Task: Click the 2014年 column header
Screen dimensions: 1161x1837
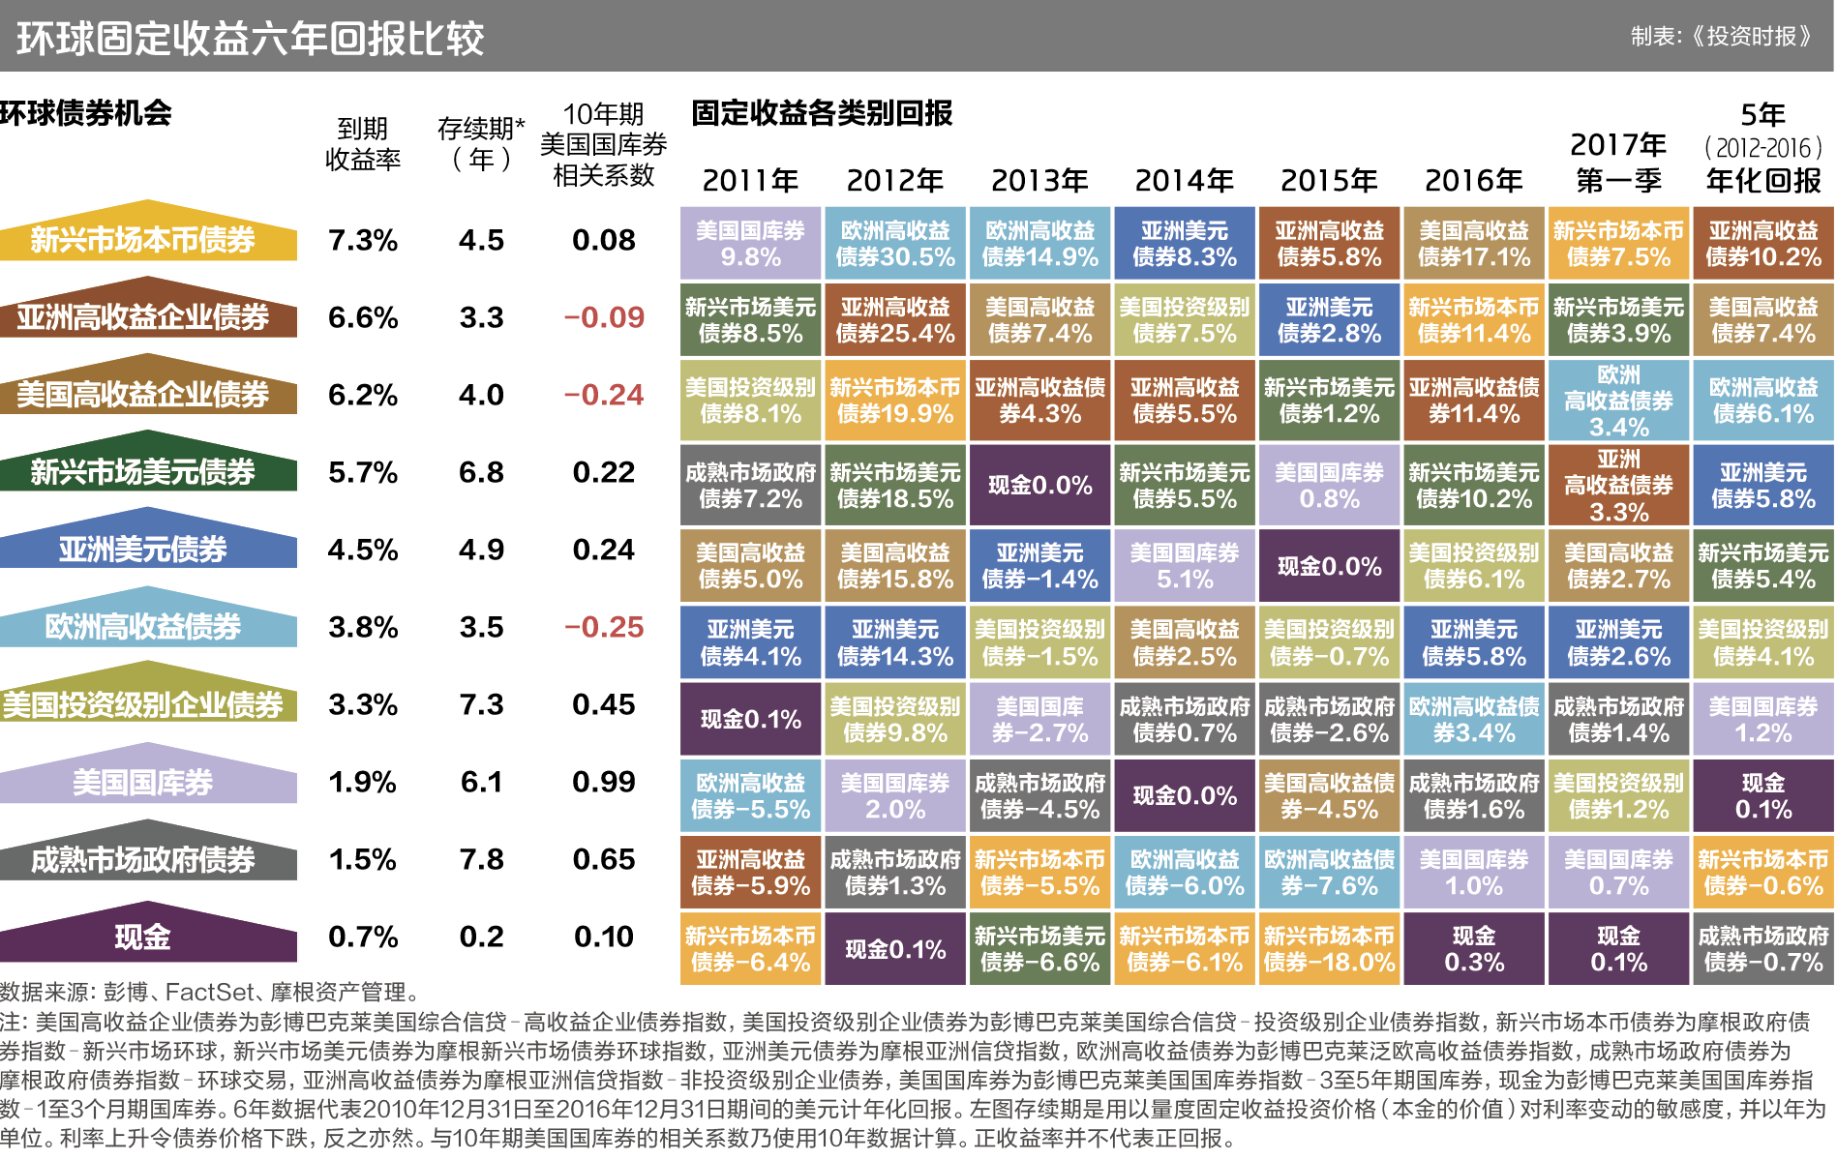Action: tap(1184, 181)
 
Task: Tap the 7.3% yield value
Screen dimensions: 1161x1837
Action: tap(363, 240)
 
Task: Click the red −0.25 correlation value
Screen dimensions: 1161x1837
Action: tap(604, 627)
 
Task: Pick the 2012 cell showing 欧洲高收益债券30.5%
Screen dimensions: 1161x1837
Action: tap(895, 244)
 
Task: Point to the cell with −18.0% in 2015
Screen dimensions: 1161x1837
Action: tap(1329, 949)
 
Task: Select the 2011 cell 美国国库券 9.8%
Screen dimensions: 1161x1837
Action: tap(750, 244)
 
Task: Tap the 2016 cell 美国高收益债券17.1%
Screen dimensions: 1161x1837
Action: tap(1473, 244)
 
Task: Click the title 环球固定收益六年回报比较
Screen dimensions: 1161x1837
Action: tap(250, 39)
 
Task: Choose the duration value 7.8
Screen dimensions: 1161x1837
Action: tap(481, 859)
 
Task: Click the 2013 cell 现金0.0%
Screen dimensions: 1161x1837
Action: tap(1039, 485)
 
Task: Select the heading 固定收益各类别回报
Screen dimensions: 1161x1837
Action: tap(822, 113)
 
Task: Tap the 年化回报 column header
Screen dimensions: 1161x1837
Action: tap(1762, 181)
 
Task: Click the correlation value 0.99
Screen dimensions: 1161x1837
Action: tap(604, 782)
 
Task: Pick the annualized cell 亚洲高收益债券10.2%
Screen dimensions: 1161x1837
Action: tap(1762, 244)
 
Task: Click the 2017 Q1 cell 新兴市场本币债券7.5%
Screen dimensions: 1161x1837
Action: tap(1618, 244)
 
